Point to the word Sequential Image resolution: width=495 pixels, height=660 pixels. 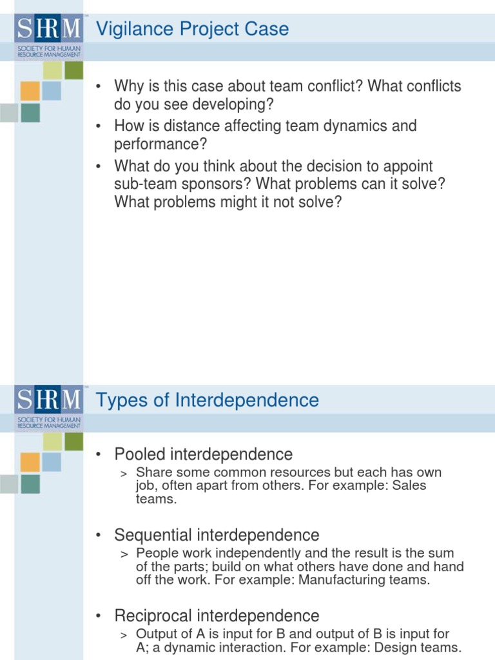click(x=153, y=535)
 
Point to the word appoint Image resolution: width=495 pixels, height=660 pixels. click(x=408, y=166)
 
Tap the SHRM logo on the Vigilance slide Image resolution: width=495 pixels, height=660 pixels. click(x=48, y=29)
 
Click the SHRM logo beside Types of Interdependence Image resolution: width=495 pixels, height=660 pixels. click(x=48, y=400)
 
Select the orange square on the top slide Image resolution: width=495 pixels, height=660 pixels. click(x=30, y=90)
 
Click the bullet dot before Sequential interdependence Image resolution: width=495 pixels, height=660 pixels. click(x=99, y=536)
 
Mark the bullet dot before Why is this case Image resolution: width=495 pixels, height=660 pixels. click(x=99, y=86)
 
